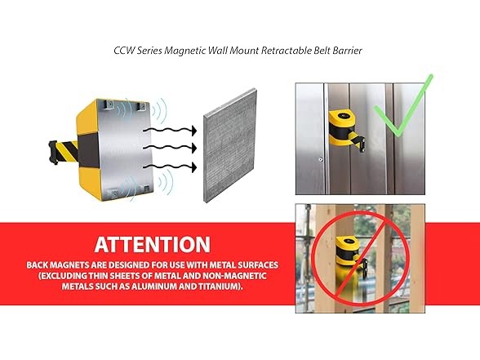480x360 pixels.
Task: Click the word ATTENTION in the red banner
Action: point(152,244)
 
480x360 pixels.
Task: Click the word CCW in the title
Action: point(125,50)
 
